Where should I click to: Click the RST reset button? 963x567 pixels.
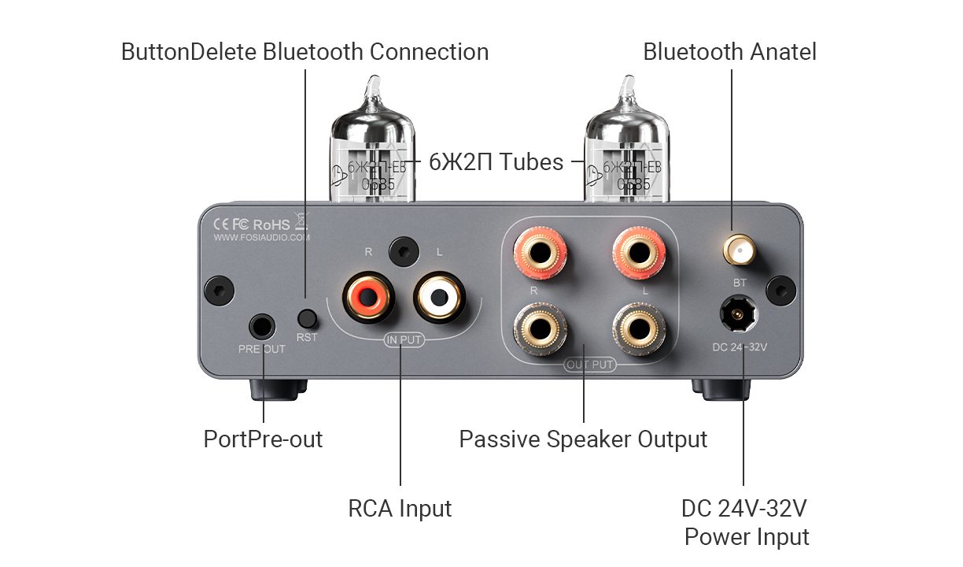tap(307, 319)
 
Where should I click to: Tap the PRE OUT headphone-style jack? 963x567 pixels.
tap(263, 325)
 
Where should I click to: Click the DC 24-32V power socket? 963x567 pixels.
tap(738, 317)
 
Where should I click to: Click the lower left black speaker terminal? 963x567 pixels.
tap(541, 327)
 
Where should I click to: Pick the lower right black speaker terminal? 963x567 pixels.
tap(639, 327)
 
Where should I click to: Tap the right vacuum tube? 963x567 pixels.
tap(626, 146)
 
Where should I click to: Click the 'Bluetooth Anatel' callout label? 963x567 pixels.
tap(729, 52)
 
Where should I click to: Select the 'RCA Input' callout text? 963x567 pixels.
tap(400, 509)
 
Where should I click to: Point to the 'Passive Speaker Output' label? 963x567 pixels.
tap(583, 439)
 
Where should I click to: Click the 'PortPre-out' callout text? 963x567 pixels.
tap(263, 439)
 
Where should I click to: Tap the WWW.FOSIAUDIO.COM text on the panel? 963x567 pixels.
tap(262, 236)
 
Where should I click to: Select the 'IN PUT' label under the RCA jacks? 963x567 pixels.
tap(403, 341)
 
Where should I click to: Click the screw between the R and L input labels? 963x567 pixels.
tap(403, 251)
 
